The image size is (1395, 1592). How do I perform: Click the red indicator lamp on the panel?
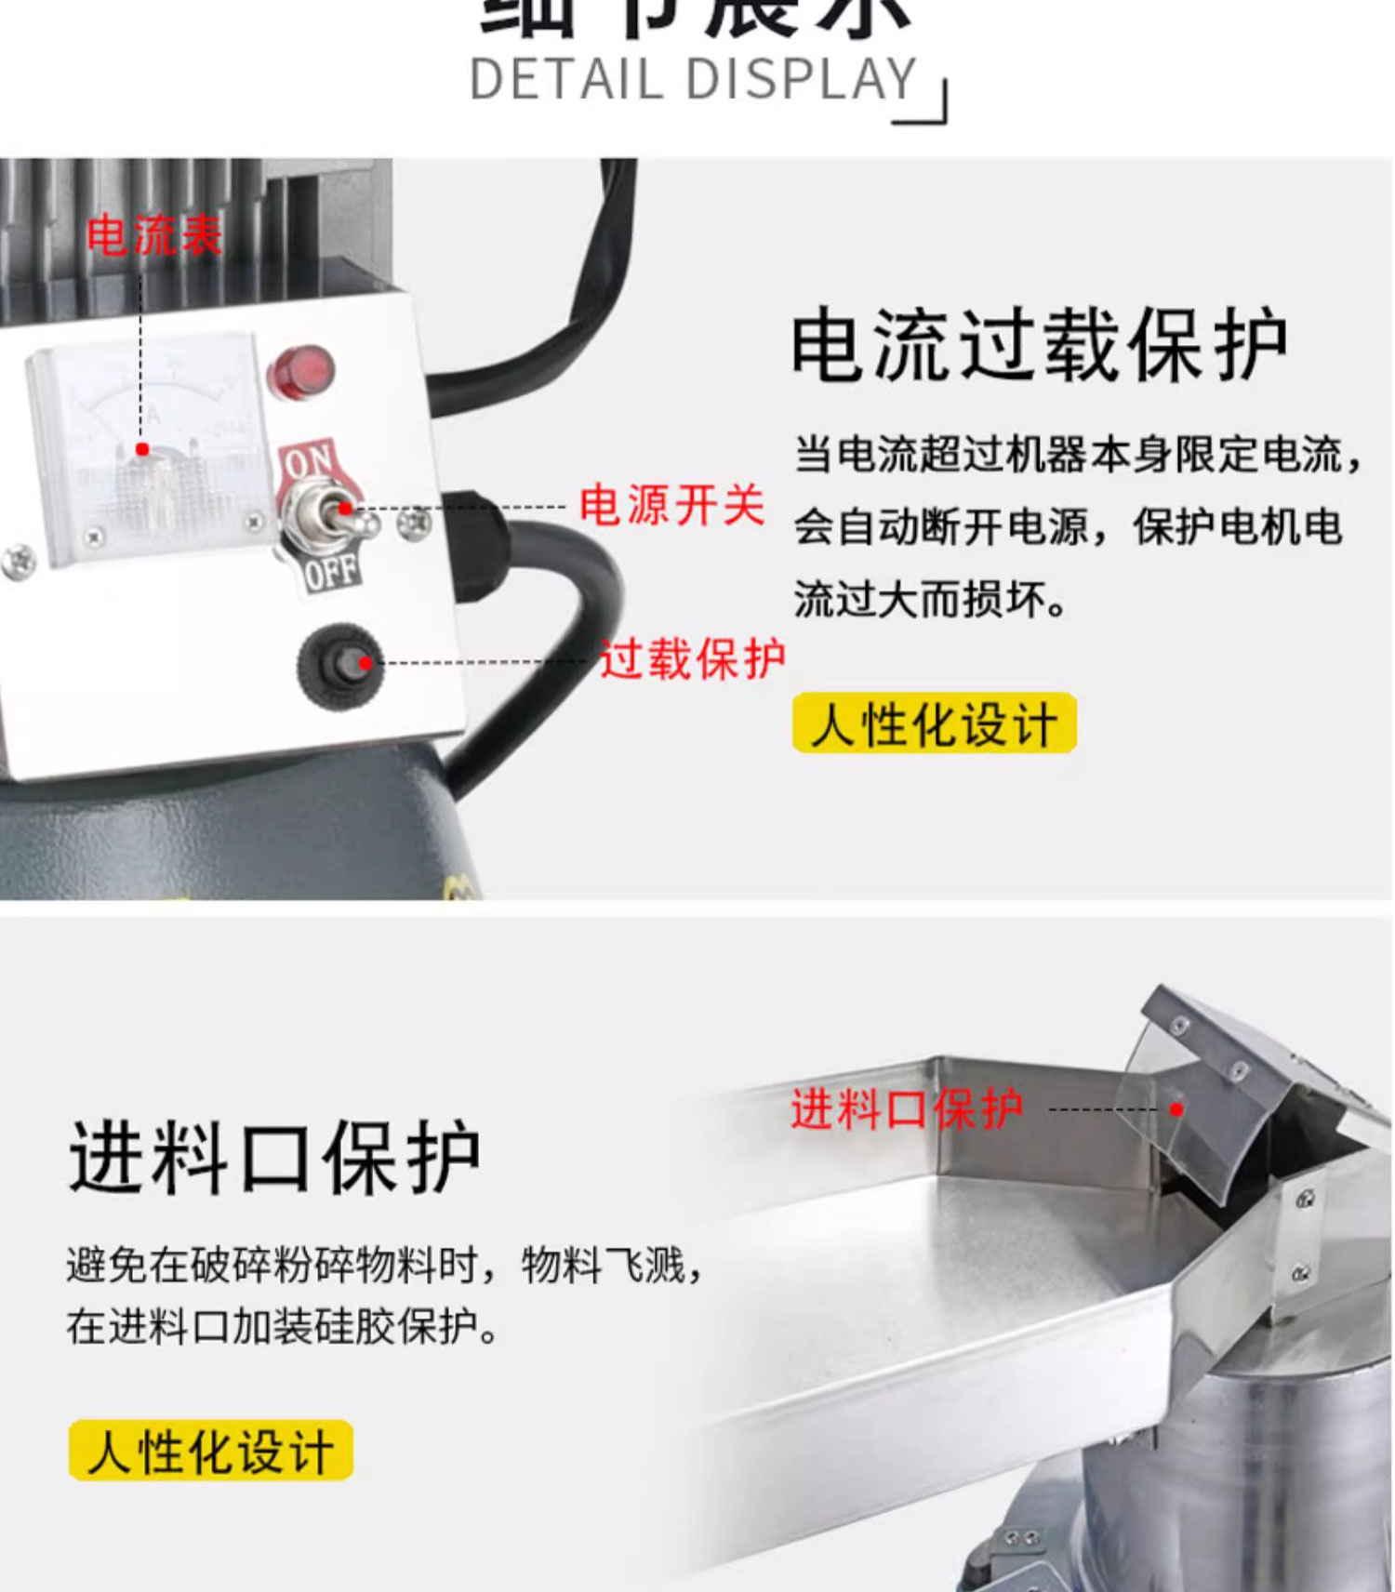click(300, 371)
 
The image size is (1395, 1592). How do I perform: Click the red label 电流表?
click(154, 235)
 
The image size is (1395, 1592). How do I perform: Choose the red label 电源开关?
click(671, 506)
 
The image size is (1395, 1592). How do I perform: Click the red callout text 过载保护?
click(693, 659)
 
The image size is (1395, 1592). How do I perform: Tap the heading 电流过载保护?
click(1039, 345)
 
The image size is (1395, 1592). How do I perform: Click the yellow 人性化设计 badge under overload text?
click(935, 723)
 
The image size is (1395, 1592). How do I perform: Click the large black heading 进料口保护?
click(274, 1158)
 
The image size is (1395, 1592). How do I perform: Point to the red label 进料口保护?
click(907, 1109)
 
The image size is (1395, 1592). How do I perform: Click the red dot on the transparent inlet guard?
click(1176, 1109)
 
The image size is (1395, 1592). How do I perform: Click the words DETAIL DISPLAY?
click(694, 80)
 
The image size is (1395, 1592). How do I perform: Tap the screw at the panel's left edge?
click(20, 561)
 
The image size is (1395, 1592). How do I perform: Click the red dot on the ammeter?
click(142, 449)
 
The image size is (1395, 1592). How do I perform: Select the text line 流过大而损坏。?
click(931, 600)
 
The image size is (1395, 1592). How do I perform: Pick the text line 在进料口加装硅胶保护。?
click(284, 1326)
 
